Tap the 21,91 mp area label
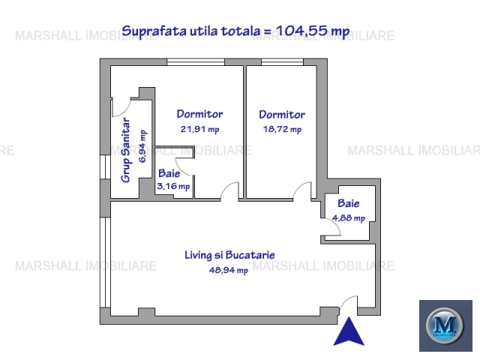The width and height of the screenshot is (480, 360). pyautogui.click(x=200, y=129)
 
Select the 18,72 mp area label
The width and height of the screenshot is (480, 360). pyautogui.click(x=282, y=129)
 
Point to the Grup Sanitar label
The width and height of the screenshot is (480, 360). pyautogui.click(x=125, y=150)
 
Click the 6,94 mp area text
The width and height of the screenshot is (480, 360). pyautogui.click(x=142, y=146)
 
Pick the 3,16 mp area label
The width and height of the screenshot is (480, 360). pyautogui.click(x=173, y=186)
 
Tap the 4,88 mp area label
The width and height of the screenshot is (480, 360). pyautogui.click(x=349, y=218)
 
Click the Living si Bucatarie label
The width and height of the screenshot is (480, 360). pyautogui.click(x=229, y=255)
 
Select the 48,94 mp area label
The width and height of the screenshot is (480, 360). pyautogui.click(x=229, y=270)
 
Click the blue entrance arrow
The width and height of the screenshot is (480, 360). pyautogui.click(x=349, y=331)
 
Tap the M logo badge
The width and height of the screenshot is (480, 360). pyautogui.click(x=445, y=325)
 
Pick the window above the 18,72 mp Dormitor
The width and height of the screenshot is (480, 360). pyautogui.click(x=282, y=61)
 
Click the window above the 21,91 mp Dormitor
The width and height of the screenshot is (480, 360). pyautogui.click(x=196, y=61)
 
